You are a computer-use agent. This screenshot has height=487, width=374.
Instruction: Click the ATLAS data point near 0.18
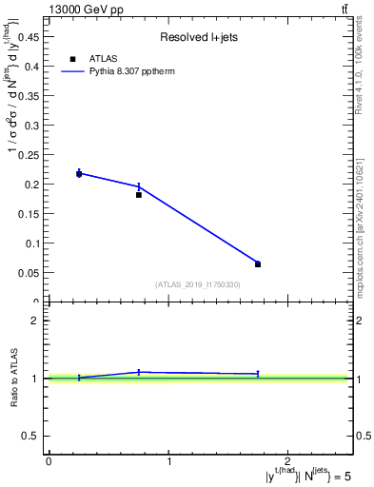coord(139,194)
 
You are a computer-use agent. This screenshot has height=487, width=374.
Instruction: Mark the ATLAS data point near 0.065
coord(258,263)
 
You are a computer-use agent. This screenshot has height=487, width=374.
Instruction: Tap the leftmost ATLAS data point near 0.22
coord(79,173)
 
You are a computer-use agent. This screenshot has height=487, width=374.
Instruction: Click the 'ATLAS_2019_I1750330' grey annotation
coord(198,284)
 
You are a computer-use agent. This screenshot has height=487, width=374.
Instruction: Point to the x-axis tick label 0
coord(49,460)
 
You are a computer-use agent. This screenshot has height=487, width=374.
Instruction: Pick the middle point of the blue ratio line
coord(139,372)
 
